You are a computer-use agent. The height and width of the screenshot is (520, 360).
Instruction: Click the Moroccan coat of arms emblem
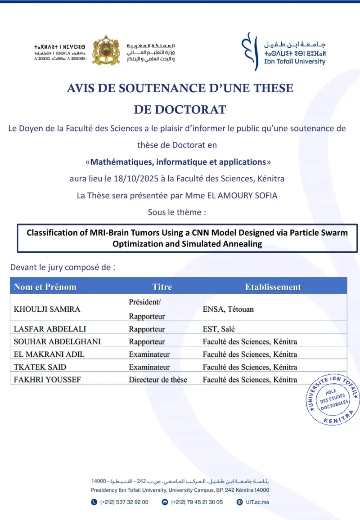pos(106,50)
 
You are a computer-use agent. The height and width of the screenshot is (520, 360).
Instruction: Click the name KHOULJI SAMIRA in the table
pos(47,309)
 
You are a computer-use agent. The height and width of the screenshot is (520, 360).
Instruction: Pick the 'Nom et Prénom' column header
pos(45,287)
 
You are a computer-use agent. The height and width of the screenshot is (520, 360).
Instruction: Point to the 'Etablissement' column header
pos(273,287)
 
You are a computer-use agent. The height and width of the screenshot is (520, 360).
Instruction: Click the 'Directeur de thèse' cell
pos(158,380)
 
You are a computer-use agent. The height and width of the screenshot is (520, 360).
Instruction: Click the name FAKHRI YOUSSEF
pos(47,380)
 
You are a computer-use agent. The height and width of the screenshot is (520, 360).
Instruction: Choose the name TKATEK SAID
pos(37,367)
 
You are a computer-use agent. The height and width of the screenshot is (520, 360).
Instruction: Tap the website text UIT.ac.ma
pos(256,502)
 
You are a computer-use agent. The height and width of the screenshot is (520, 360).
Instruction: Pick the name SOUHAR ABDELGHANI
pos(57,341)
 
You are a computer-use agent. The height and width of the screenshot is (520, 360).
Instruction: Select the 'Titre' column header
pos(162,287)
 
